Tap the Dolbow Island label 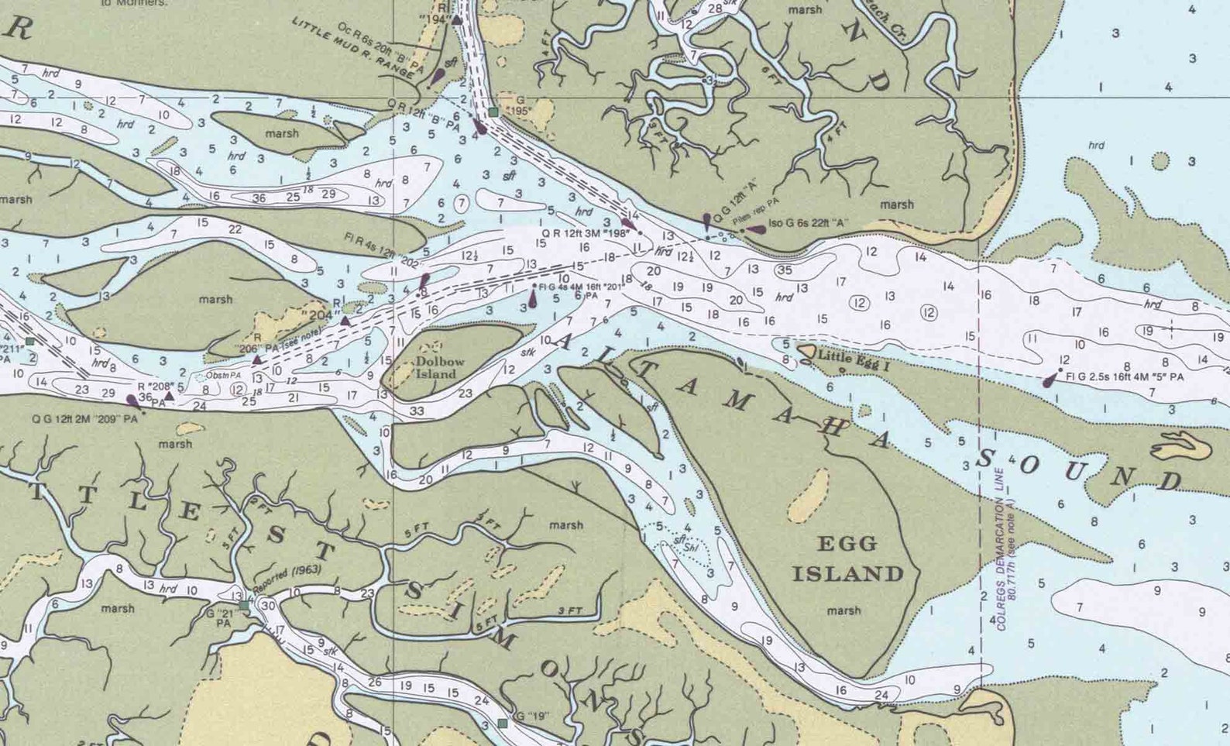[x=439, y=367]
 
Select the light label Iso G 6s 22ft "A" [x=808, y=224]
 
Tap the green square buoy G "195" [x=493, y=112]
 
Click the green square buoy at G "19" [x=503, y=723]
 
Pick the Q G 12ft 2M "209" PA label [x=84, y=419]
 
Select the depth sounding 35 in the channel [x=785, y=270]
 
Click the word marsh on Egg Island [x=843, y=610]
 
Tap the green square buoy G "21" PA [x=245, y=605]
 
